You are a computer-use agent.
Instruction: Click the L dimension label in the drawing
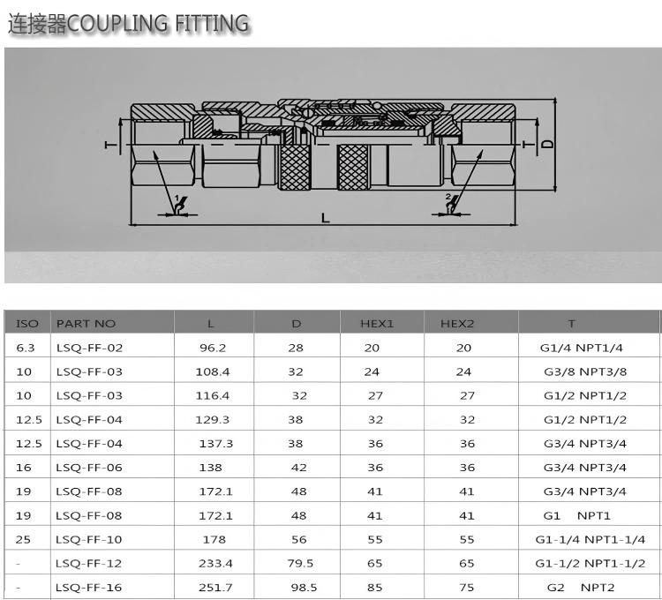[326, 217]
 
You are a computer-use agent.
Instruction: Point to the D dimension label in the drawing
[547, 143]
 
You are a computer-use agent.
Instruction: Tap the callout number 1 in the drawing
[177, 199]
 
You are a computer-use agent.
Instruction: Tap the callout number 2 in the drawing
[448, 197]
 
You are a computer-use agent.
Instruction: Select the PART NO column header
[86, 324]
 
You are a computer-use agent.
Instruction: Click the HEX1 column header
[377, 324]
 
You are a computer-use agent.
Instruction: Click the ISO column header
[27, 324]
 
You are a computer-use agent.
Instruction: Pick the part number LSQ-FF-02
[89, 348]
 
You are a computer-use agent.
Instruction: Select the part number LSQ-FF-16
[89, 588]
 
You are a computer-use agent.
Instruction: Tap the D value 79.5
[300, 563]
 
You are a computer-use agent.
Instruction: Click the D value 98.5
[300, 588]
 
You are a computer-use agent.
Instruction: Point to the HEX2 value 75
[466, 588]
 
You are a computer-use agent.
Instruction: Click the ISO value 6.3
[26, 348]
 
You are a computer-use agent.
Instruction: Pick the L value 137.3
[214, 444]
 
